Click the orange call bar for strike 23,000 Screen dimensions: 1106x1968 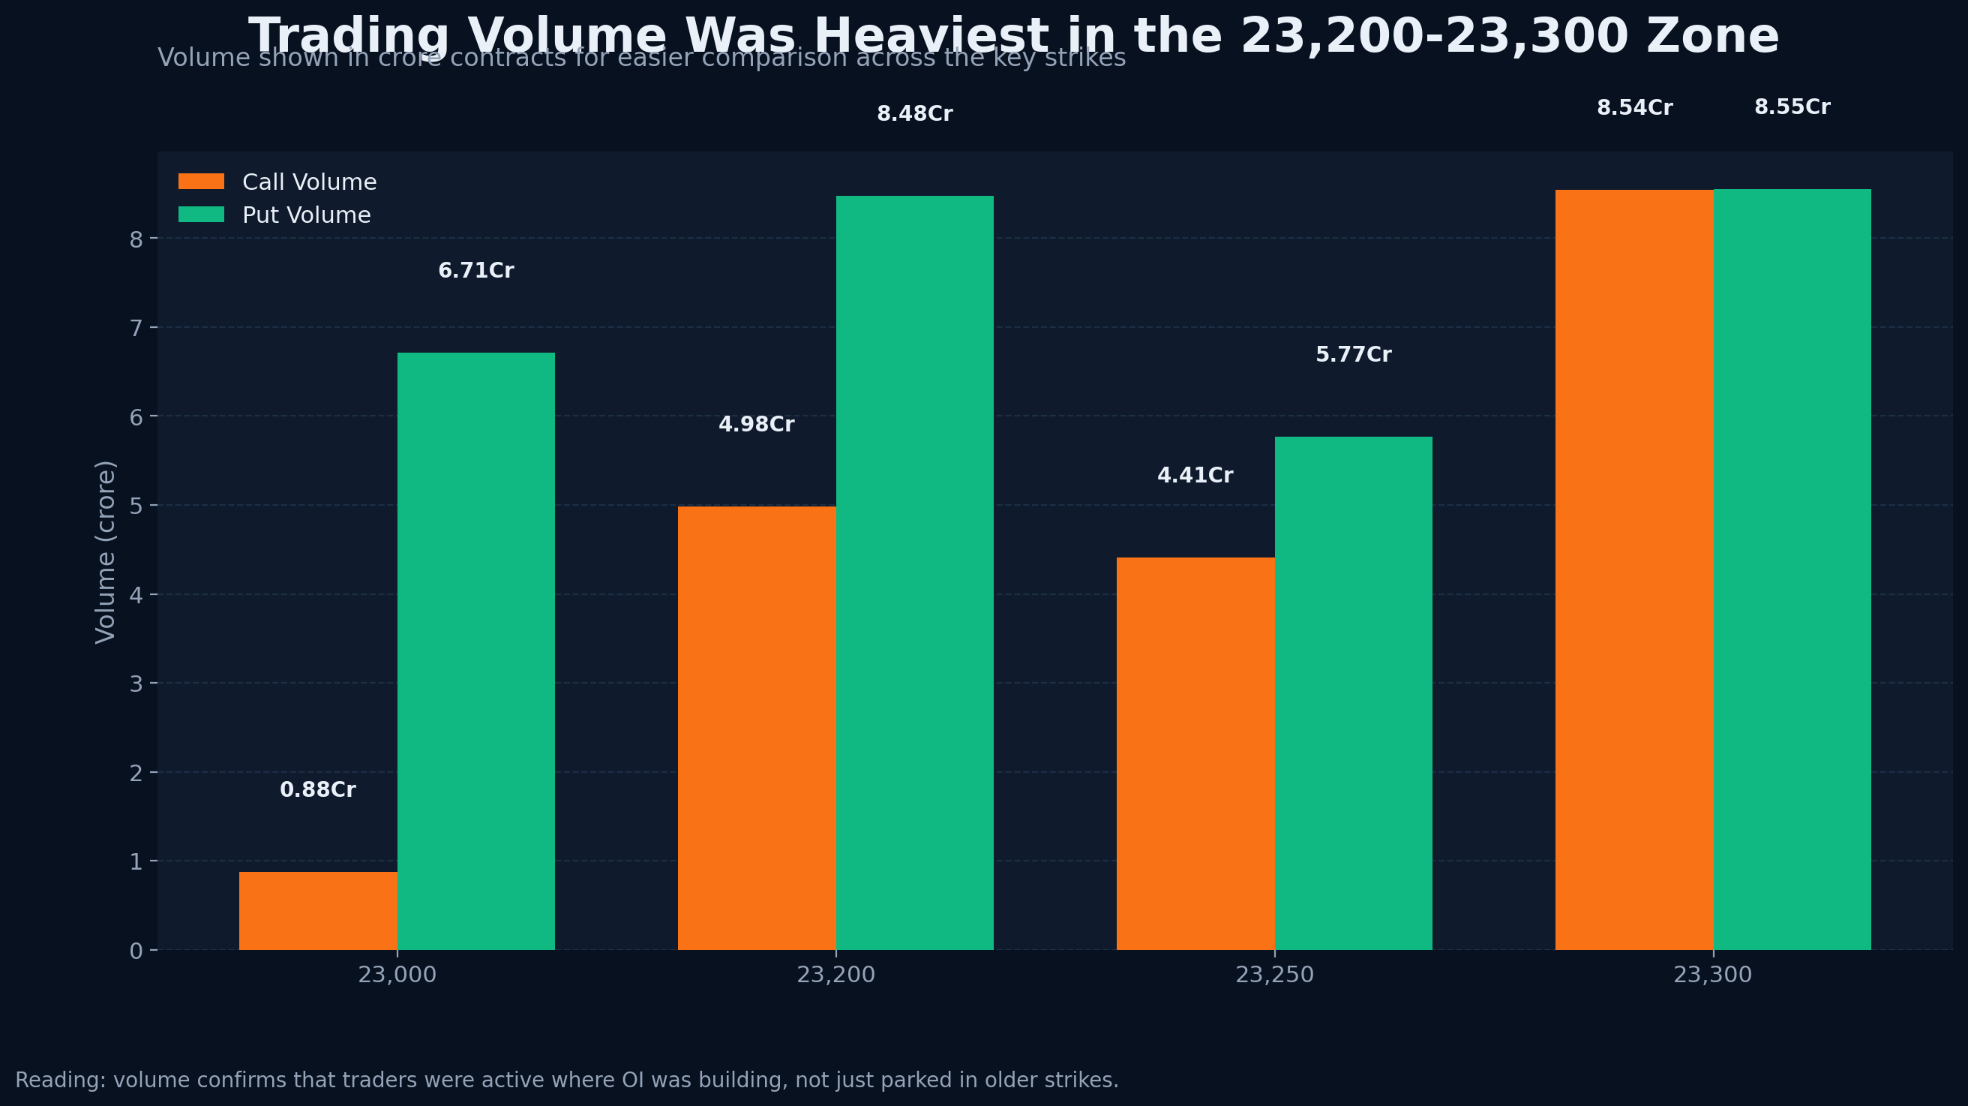[x=318, y=910]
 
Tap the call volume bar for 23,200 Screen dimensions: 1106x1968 [x=756, y=728]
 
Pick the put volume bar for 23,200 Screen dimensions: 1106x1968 [x=914, y=573]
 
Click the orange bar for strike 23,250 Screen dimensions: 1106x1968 [x=1195, y=753]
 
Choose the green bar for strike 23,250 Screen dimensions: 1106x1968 [x=1353, y=693]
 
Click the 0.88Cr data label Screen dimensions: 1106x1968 [x=318, y=790]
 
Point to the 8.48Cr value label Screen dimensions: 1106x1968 [x=914, y=115]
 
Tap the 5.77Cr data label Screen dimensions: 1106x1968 [x=1353, y=356]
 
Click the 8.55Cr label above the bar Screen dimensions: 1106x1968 [x=1792, y=108]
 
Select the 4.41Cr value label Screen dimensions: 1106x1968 [x=1195, y=476]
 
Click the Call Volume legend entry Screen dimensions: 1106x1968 [x=309, y=182]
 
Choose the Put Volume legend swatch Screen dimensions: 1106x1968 [x=201, y=215]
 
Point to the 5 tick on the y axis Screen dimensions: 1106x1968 [x=136, y=506]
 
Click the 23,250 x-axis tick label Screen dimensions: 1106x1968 [x=1274, y=975]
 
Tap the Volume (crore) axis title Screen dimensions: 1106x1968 [x=106, y=551]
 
